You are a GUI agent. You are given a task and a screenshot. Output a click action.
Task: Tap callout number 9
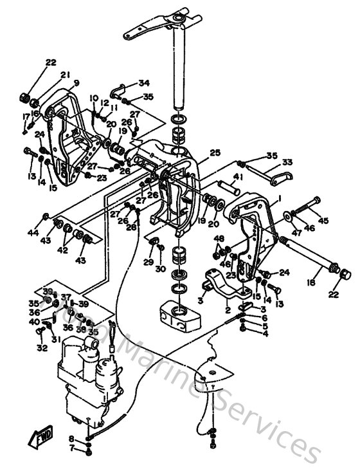click(76, 82)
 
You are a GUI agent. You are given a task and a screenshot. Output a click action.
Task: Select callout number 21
click(65, 75)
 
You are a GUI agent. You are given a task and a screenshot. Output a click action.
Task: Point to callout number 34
click(143, 83)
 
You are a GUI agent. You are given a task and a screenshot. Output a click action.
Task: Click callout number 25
click(215, 152)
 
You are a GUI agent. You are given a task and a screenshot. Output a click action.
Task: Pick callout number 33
click(287, 162)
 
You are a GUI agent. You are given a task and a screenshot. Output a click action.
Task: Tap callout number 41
click(238, 176)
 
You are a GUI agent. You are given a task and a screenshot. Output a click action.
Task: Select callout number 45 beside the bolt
click(323, 221)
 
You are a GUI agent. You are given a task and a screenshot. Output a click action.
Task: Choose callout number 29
click(148, 263)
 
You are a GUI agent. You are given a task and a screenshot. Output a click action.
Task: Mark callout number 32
click(42, 348)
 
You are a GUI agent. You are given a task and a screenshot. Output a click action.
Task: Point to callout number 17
click(26, 116)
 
